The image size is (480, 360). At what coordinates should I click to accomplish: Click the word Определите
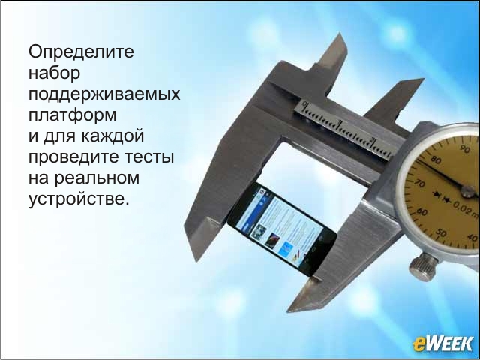[x=81, y=52]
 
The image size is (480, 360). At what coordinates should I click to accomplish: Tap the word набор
[x=54, y=73]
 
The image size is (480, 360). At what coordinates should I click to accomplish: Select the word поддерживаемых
[x=104, y=94]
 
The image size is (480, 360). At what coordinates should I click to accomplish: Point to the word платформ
[x=73, y=115]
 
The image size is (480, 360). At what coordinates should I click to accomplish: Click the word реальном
[x=97, y=178]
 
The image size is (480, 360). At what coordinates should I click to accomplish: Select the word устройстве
[x=77, y=199]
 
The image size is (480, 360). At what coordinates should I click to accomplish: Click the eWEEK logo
[x=442, y=343]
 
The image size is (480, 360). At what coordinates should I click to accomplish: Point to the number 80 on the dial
[x=436, y=160]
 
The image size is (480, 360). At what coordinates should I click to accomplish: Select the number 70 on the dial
[x=420, y=183]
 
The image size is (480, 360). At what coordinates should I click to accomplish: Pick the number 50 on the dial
[x=441, y=233]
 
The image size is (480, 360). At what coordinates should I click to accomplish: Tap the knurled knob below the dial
[x=423, y=267]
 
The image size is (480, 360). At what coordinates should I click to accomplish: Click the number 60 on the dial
[x=422, y=211]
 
